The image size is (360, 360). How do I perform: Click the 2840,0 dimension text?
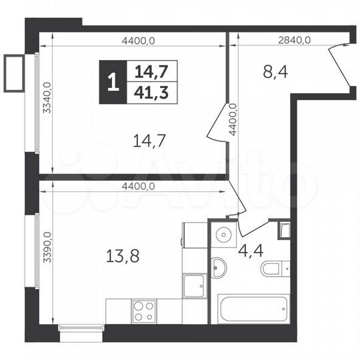click(294, 40)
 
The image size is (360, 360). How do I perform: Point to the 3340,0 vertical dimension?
click(47, 99)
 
